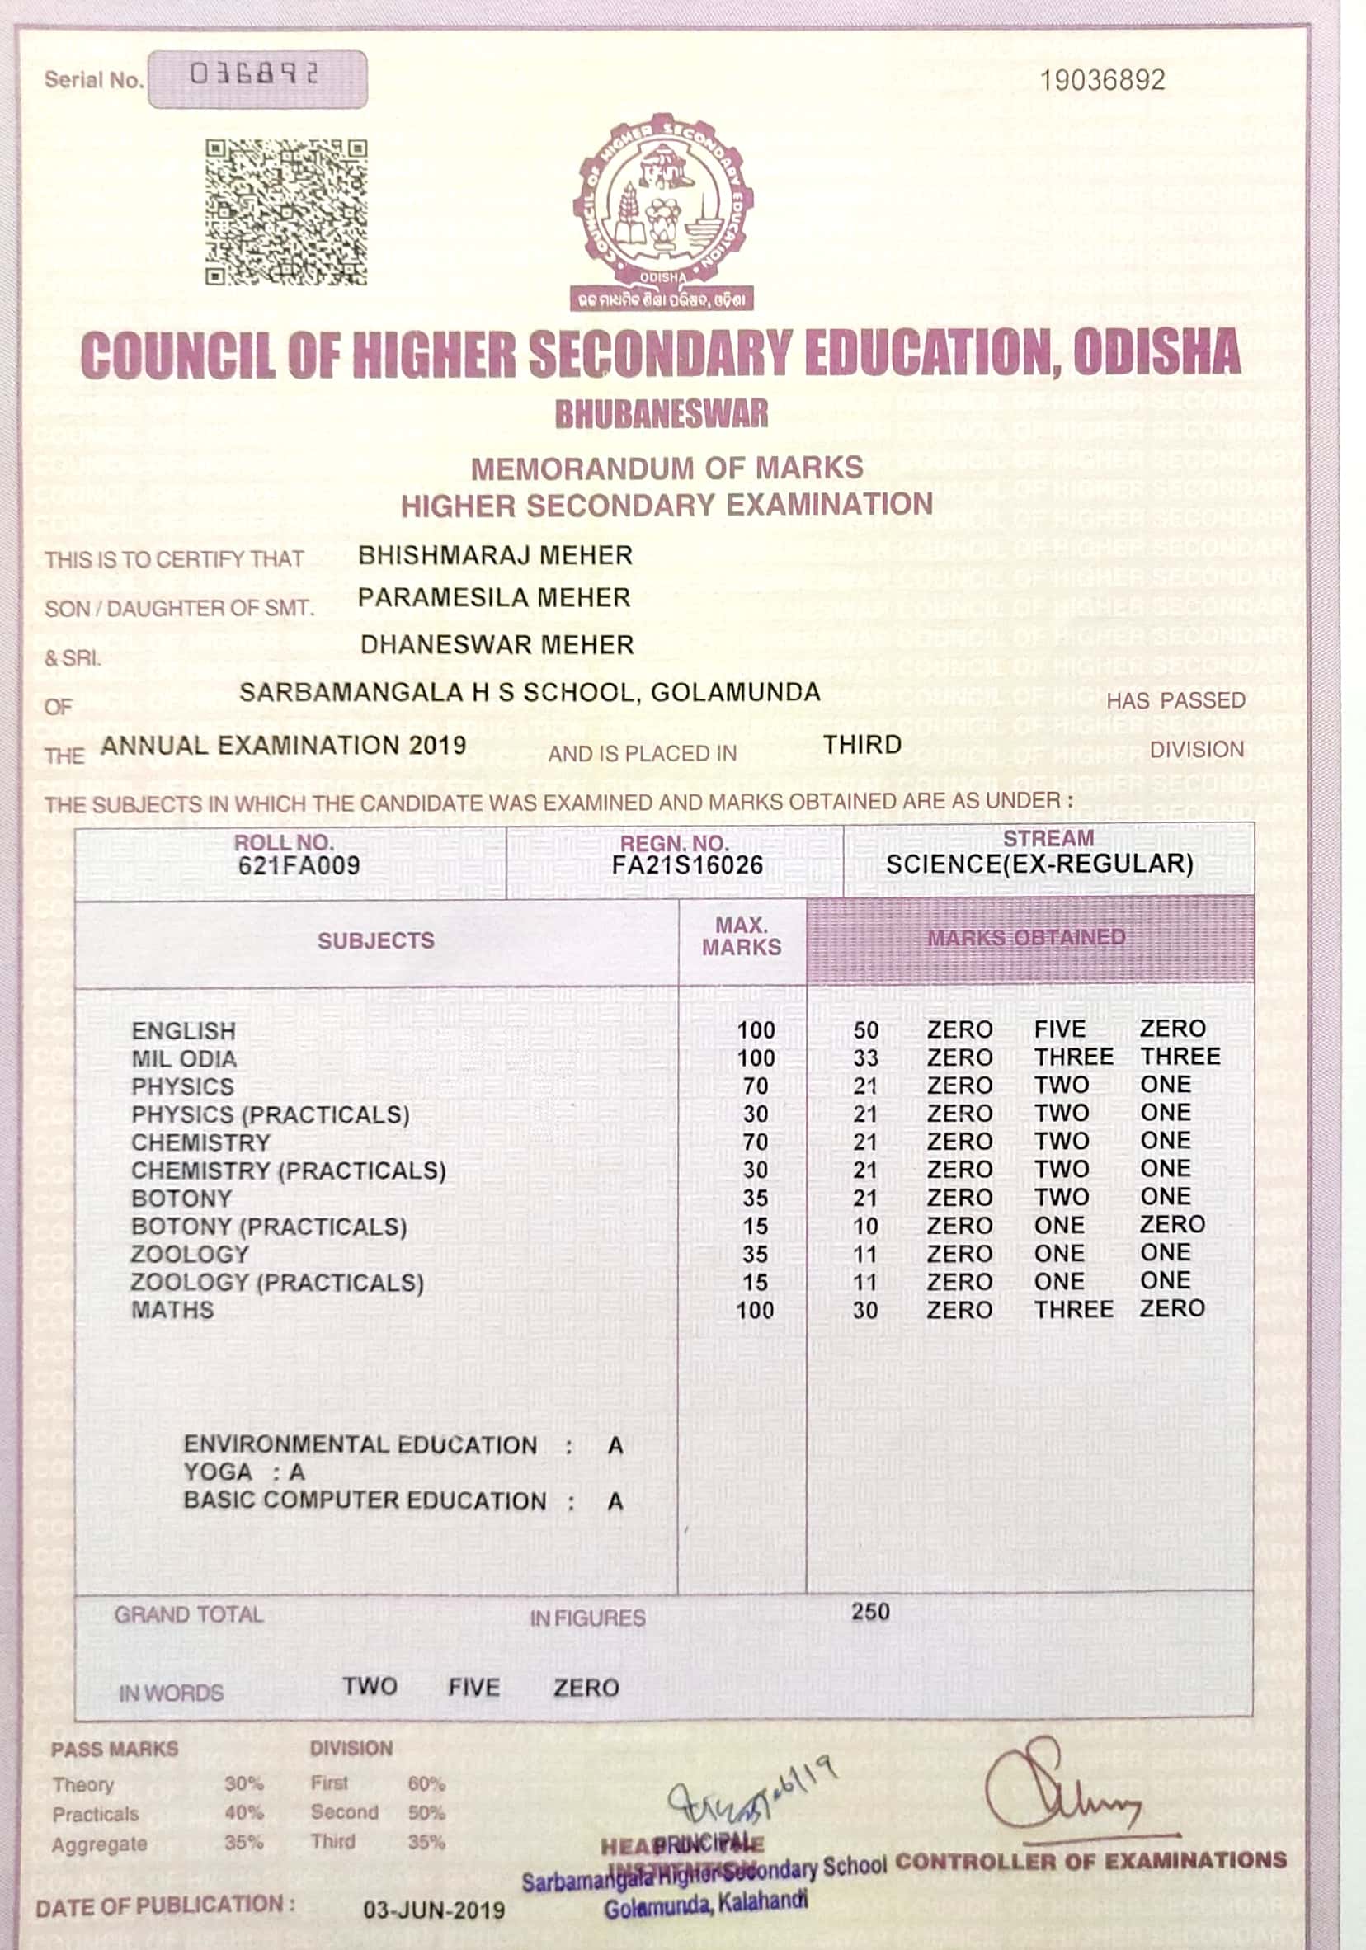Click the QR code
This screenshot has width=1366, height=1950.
tap(286, 212)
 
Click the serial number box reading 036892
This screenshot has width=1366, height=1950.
tap(257, 79)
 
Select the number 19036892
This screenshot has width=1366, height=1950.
tap(1103, 81)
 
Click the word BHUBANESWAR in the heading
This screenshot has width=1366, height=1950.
tap(662, 413)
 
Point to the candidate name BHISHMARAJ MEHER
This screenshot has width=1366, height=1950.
tap(495, 555)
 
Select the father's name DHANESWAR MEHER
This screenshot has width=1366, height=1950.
tap(497, 644)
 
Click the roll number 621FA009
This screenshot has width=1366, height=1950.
tap(299, 865)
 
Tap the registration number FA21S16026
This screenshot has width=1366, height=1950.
tap(687, 865)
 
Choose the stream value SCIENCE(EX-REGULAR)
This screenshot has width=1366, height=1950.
tap(1040, 864)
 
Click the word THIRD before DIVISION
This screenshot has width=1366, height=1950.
tap(862, 745)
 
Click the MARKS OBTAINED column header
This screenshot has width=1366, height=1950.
tap(1026, 938)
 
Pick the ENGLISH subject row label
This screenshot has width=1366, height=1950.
tap(183, 1031)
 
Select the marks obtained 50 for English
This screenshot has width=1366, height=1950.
tap(865, 1030)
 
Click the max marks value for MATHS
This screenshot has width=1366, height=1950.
tap(756, 1311)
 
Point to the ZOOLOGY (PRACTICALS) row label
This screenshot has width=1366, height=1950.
tap(277, 1283)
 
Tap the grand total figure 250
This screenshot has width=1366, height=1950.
tap(871, 1612)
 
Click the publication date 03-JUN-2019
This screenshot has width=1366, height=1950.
tap(434, 1910)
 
